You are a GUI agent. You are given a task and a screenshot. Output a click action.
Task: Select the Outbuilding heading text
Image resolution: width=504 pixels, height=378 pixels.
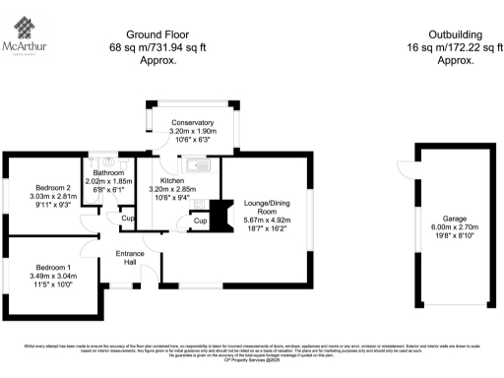[456, 33]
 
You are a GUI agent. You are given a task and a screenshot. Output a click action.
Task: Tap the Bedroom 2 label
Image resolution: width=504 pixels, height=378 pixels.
[55, 187]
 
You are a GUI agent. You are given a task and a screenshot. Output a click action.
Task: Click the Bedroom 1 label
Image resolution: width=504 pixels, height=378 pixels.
[55, 267]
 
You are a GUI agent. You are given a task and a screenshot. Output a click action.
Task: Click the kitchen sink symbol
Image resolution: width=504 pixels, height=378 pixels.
[197, 166]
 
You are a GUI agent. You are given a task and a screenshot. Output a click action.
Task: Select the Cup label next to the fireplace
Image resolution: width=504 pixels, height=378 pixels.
[200, 220]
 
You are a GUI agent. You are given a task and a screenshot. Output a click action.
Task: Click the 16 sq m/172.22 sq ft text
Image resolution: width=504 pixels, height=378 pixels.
[456, 46]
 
